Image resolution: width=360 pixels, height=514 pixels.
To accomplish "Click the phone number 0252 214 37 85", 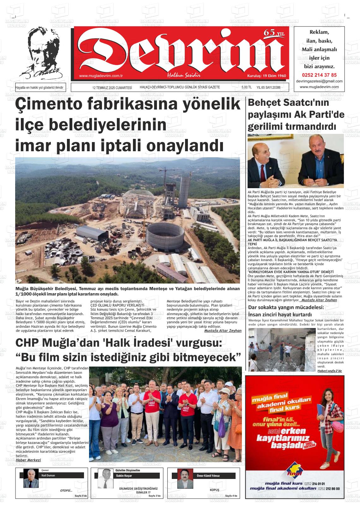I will point(319,75).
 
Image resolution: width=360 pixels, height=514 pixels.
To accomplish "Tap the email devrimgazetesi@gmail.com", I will point(319,81).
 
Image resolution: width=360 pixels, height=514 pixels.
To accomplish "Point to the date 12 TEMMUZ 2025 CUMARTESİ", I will point(112,87).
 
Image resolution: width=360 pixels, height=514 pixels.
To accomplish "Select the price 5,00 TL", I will point(246,87).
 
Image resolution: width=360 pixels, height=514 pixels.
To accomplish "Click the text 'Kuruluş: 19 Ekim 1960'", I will point(266,76).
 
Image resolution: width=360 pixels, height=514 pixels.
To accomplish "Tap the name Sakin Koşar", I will point(124,475).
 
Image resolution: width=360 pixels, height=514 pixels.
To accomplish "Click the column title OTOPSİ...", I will point(66,490).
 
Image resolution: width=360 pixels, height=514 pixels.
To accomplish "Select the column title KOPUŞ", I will point(214,490).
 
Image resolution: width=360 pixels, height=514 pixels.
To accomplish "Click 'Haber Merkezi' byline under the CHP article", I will point(28,460).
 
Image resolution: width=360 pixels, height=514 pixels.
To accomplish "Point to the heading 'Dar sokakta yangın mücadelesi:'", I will point(286,308).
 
